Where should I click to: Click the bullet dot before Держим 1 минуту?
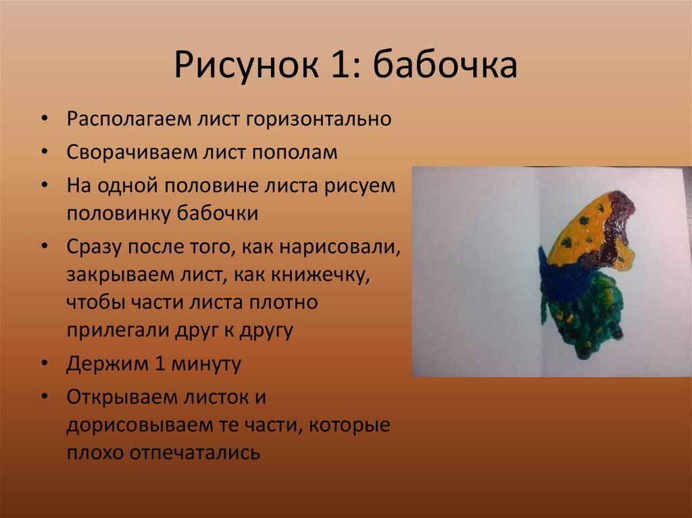[44, 365]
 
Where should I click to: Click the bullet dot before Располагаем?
[44, 120]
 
